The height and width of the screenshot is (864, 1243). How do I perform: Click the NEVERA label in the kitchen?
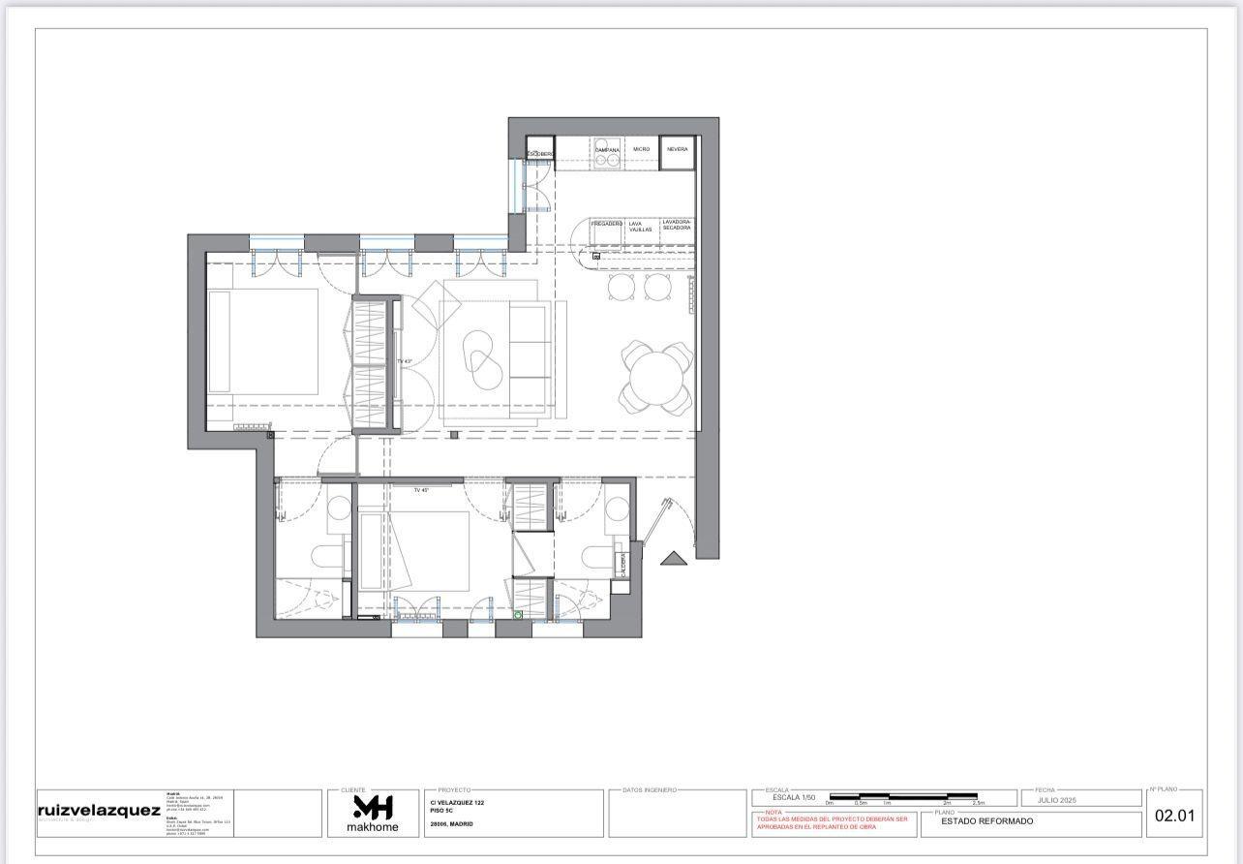pyautogui.click(x=678, y=150)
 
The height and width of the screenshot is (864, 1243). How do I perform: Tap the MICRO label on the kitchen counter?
pyautogui.click(x=641, y=150)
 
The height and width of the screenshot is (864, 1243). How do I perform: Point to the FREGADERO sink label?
pyautogui.click(x=607, y=225)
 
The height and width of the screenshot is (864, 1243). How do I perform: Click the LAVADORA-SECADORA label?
pyautogui.click(x=677, y=225)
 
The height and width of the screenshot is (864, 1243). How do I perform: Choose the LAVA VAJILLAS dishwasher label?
pyautogui.click(x=640, y=227)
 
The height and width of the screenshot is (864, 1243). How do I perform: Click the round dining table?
pyautogui.click(x=657, y=377)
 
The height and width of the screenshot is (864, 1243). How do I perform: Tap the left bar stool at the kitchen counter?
pyautogui.click(x=621, y=286)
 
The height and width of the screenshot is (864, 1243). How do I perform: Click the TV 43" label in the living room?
pyautogui.click(x=405, y=361)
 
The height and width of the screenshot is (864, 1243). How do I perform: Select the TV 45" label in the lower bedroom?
pyautogui.click(x=421, y=490)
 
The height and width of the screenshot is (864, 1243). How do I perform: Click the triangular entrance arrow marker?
pyautogui.click(x=672, y=557)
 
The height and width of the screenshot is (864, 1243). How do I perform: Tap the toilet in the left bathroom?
pyautogui.click(x=328, y=556)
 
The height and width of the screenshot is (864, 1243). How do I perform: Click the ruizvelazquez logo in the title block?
pyautogui.click(x=99, y=811)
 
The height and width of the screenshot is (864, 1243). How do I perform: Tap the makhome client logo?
pyautogui.click(x=372, y=813)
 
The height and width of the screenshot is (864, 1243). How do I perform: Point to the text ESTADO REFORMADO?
pyautogui.click(x=973, y=821)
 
